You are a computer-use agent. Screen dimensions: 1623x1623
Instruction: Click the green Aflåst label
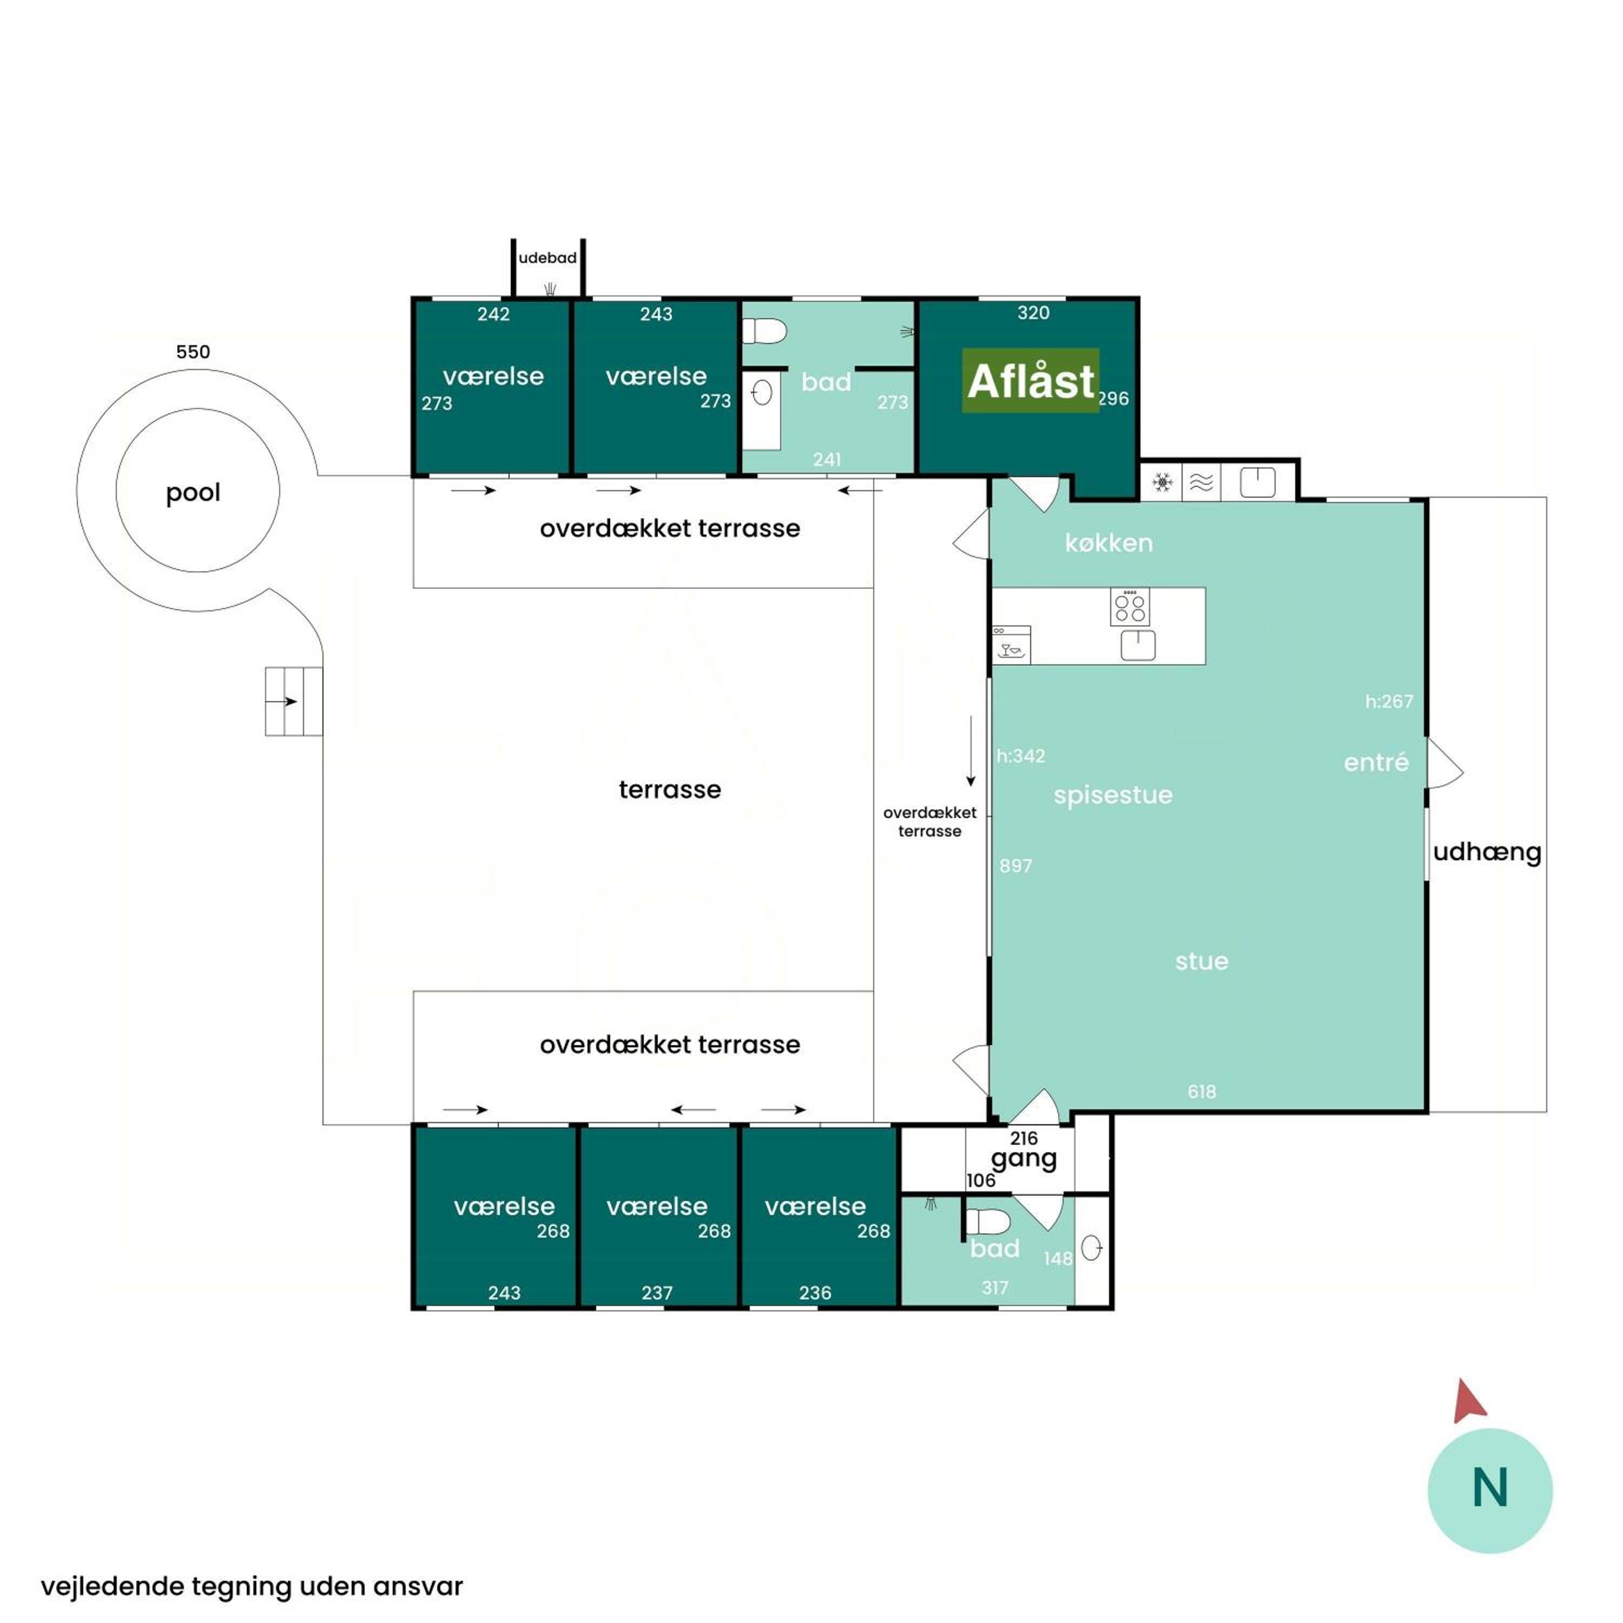(1030, 380)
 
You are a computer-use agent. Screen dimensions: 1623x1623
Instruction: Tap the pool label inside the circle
(193, 493)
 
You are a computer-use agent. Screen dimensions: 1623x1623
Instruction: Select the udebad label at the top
(547, 258)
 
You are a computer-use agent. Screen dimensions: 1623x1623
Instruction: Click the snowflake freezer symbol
(1162, 482)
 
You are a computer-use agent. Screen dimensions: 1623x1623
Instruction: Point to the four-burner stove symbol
(1130, 608)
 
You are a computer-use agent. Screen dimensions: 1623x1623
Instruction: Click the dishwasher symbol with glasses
(1012, 644)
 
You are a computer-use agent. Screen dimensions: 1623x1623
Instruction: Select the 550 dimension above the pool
(193, 352)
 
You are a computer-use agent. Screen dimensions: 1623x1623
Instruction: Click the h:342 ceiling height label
(1021, 756)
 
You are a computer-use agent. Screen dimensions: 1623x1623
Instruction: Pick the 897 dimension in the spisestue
(1015, 866)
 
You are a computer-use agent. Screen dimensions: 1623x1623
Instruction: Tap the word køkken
(1109, 544)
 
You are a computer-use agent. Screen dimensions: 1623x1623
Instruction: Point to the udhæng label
(1487, 853)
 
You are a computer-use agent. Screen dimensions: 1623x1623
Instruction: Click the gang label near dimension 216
(1024, 1160)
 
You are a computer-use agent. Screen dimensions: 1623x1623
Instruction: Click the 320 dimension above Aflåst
(1033, 313)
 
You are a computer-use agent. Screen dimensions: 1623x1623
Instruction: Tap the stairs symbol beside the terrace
(294, 702)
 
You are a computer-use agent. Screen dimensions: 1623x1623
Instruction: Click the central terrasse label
(670, 790)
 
